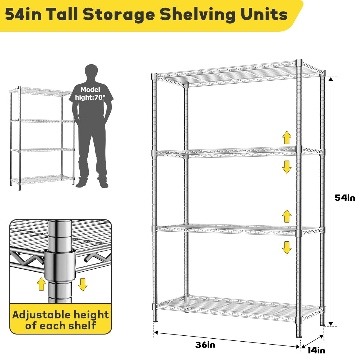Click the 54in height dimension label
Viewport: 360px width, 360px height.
pyautogui.click(x=345, y=198)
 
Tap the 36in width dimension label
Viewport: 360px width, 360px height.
pyautogui.click(x=205, y=345)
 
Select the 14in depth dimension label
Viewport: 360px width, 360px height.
pyautogui.click(x=316, y=350)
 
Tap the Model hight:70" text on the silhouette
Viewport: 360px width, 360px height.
pyautogui.click(x=90, y=93)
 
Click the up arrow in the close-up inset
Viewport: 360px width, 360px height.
pyautogui.click(x=41, y=284)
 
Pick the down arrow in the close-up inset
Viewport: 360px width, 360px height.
pyautogui.click(x=83, y=285)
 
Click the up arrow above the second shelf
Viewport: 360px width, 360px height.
pyautogui.click(x=287, y=138)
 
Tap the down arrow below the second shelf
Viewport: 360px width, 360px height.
pyautogui.click(x=287, y=167)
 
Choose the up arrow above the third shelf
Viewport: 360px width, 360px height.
pyautogui.click(x=287, y=216)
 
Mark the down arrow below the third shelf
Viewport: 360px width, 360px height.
pyautogui.click(x=287, y=248)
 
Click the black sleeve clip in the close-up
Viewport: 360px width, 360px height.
pyautogui.click(x=60, y=264)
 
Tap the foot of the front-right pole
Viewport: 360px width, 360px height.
pyautogui.click(x=299, y=335)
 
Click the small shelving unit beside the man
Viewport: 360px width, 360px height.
pyautogui.click(x=42, y=136)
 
